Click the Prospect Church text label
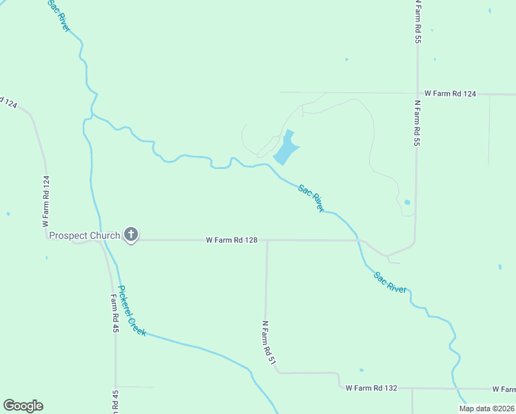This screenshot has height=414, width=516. pyautogui.click(x=78, y=235)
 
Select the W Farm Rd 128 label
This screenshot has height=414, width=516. pyautogui.click(x=232, y=240)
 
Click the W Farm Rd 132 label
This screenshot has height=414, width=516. pyautogui.click(x=371, y=388)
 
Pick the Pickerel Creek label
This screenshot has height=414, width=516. pyautogui.click(x=132, y=311)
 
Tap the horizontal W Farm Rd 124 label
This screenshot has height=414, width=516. pyautogui.click(x=450, y=93)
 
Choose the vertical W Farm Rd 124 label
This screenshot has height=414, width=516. pyautogui.click(x=46, y=201)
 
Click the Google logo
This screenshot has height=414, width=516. pyautogui.click(x=23, y=406)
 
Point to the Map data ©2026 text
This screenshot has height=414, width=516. pyautogui.click(x=486, y=408)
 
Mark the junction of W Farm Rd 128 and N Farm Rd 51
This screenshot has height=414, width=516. pyautogui.click(x=267, y=241)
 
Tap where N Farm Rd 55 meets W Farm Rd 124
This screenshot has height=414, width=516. pyautogui.click(x=417, y=93)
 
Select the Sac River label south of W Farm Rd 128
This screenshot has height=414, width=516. pyautogui.click(x=390, y=283)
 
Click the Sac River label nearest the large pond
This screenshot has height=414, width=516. pyautogui.click(x=311, y=197)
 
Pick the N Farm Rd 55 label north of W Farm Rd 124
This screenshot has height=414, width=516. pyautogui.click(x=417, y=23)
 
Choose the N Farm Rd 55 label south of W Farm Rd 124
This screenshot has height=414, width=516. pyautogui.click(x=417, y=124)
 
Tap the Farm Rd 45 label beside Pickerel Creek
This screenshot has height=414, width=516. pyautogui.click(x=115, y=315)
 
